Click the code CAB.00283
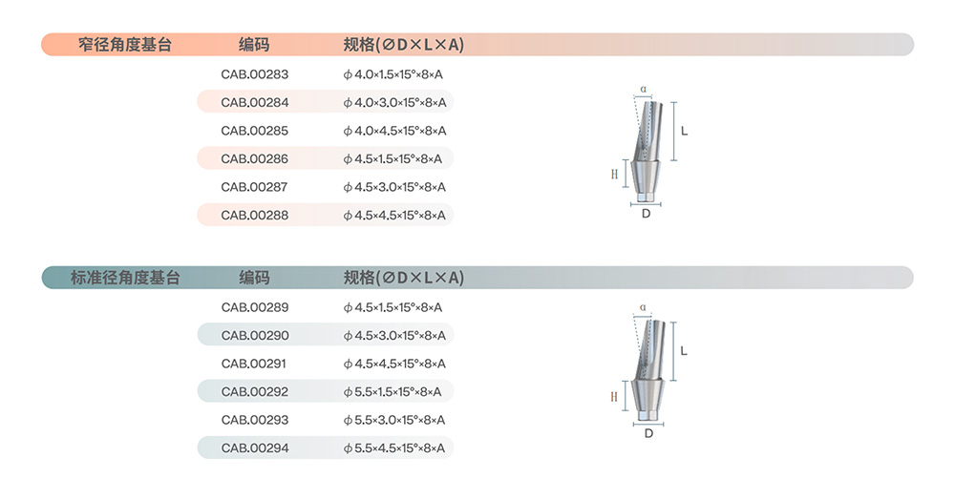click(255, 74)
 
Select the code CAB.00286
click(255, 158)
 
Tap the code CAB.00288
click(255, 215)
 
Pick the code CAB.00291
click(253, 364)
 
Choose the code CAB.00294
click(255, 448)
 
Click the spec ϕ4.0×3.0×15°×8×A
click(394, 103)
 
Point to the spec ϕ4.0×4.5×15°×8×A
click(394, 131)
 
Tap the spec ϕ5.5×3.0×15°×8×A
click(394, 420)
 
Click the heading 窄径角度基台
click(125, 45)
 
